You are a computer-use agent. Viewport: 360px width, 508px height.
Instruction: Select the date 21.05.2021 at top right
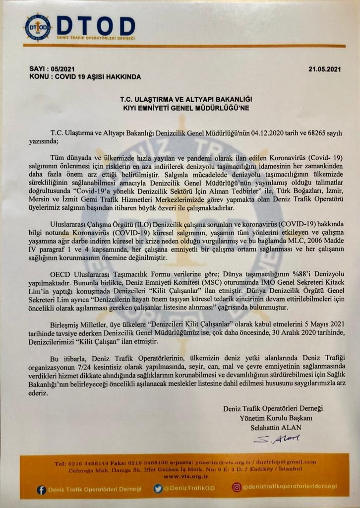coord(325,69)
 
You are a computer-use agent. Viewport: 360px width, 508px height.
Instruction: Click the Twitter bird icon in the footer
coord(158,489)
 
